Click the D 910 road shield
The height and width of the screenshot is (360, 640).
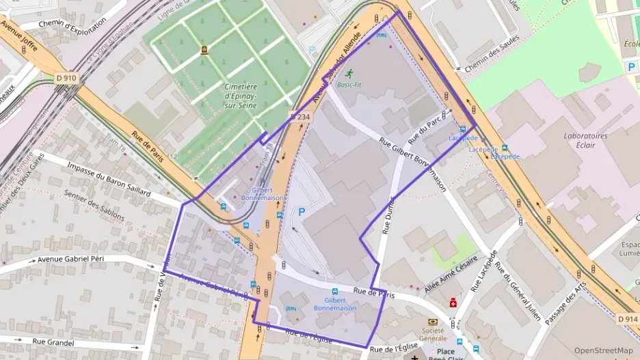tap(66, 79)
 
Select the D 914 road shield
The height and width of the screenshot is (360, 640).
tap(626, 319)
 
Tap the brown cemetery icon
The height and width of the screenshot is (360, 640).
tap(204, 50)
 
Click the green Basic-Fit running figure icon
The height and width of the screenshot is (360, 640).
tap(349, 74)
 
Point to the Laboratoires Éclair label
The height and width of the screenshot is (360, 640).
tap(585, 140)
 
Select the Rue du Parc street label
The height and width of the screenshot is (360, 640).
tap(423, 128)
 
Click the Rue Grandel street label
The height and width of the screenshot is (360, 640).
tap(53, 342)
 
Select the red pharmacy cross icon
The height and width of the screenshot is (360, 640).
tap(453, 303)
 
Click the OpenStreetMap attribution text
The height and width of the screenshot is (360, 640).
tap(604, 350)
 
